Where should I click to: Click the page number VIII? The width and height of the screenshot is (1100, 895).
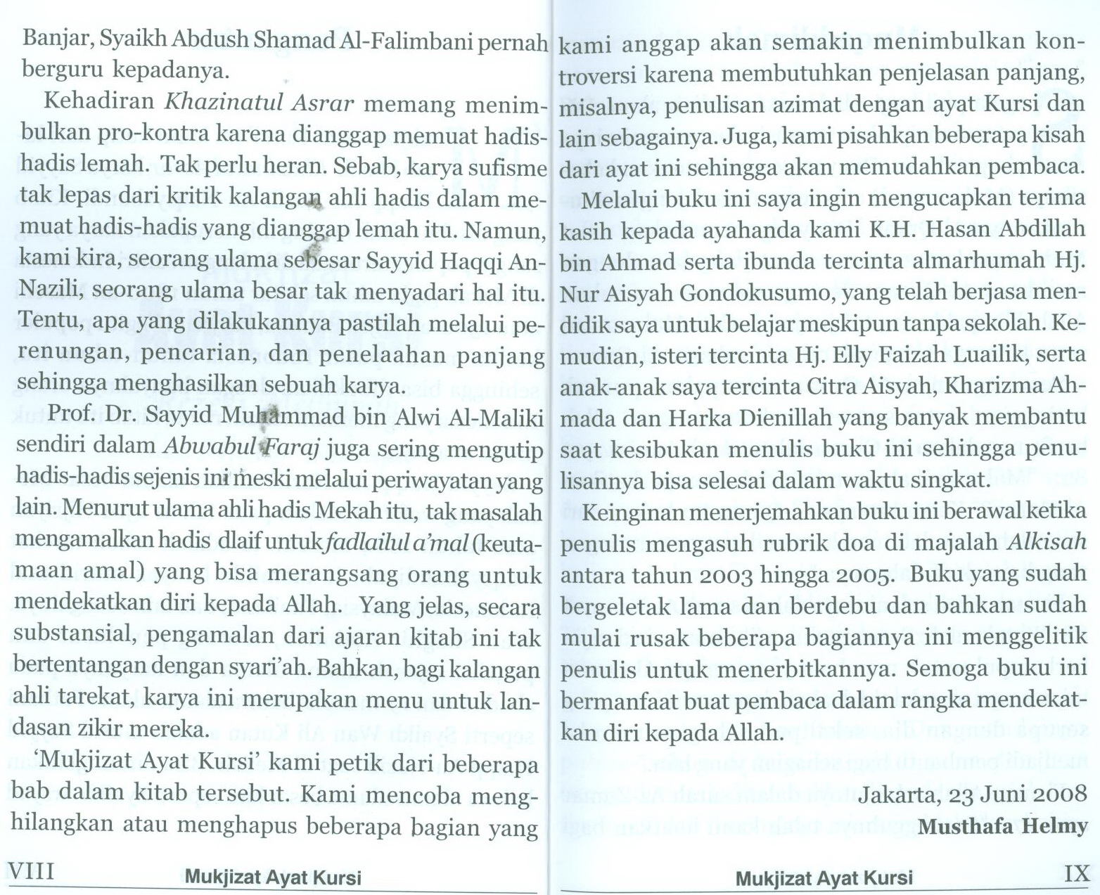coord(34,873)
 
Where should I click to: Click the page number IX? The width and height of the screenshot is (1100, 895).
coord(1077,874)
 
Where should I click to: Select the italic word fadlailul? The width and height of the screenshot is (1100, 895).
coord(376,542)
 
